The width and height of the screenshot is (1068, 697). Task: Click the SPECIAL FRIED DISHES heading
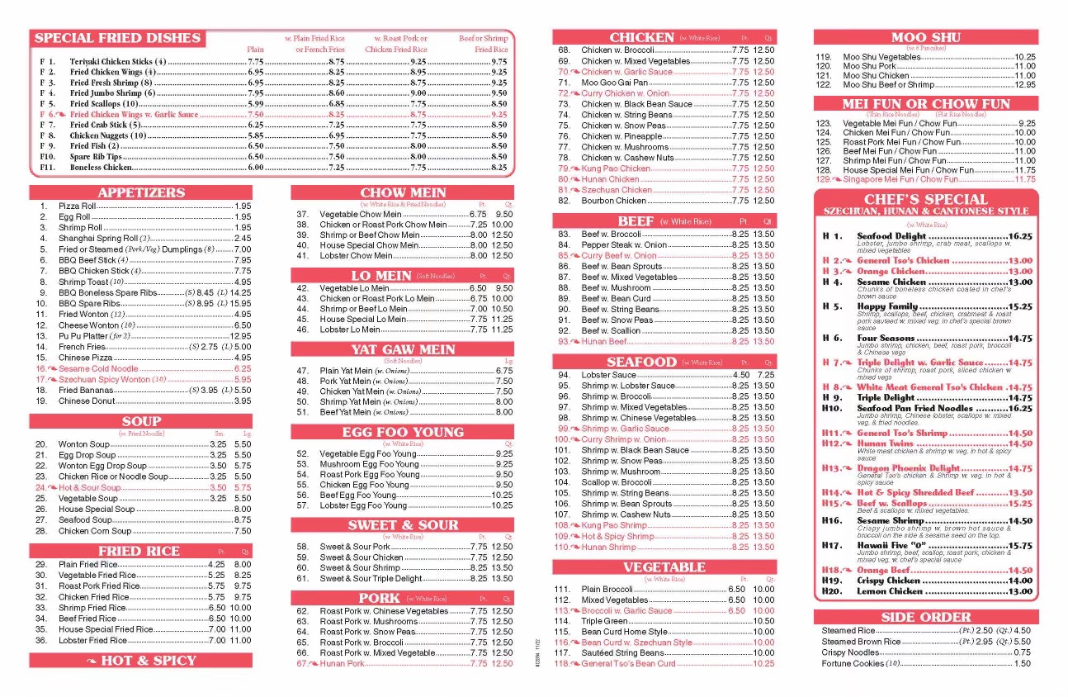click(117, 38)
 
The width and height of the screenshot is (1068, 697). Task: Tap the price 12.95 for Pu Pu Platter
click(240, 336)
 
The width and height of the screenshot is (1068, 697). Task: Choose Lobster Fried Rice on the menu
click(92, 640)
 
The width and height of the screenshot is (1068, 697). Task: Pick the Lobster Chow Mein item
click(358, 256)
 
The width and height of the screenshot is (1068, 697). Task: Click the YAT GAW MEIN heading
click(403, 349)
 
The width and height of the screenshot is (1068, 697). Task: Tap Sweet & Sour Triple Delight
click(371, 579)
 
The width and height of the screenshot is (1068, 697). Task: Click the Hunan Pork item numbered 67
click(342, 664)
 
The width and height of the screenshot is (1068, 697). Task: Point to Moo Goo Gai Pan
click(614, 83)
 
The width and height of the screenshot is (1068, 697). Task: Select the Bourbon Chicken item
click(613, 201)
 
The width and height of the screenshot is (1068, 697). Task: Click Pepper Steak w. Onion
click(624, 245)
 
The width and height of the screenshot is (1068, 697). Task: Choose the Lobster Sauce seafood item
click(608, 375)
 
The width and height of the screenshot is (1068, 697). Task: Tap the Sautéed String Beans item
click(621, 653)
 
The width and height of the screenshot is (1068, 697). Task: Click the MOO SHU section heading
click(925, 37)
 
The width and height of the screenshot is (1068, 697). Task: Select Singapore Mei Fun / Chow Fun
click(900, 179)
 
